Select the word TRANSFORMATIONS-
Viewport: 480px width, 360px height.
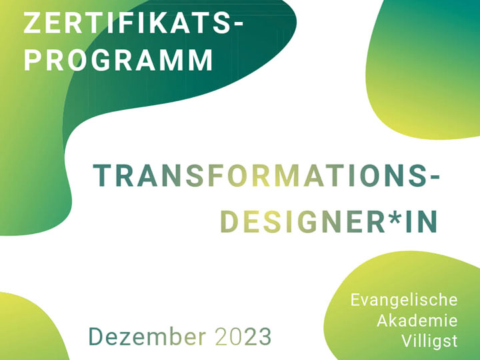(x=267, y=176)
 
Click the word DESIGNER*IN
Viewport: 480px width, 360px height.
(x=329, y=223)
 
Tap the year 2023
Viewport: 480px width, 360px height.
(x=243, y=337)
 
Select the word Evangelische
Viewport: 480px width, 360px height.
(x=404, y=299)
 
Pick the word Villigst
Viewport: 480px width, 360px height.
(x=430, y=341)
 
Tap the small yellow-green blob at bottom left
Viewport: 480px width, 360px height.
(x=27, y=330)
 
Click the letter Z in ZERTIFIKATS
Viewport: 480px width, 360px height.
(x=31, y=23)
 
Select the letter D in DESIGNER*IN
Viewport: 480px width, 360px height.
(x=229, y=223)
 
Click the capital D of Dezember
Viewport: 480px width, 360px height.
(x=97, y=337)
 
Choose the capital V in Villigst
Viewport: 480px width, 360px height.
(x=407, y=341)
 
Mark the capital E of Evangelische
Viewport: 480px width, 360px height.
(x=355, y=299)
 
